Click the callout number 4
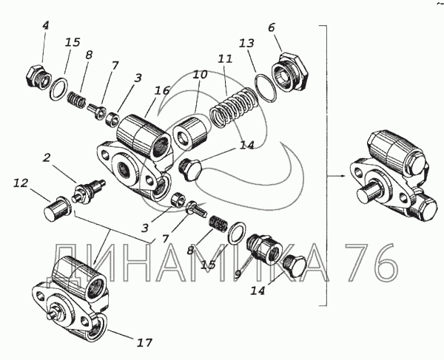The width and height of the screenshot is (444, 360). click(45, 25)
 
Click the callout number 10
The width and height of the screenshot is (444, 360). click(200, 75)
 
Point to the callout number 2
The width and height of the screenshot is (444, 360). click(46, 157)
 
